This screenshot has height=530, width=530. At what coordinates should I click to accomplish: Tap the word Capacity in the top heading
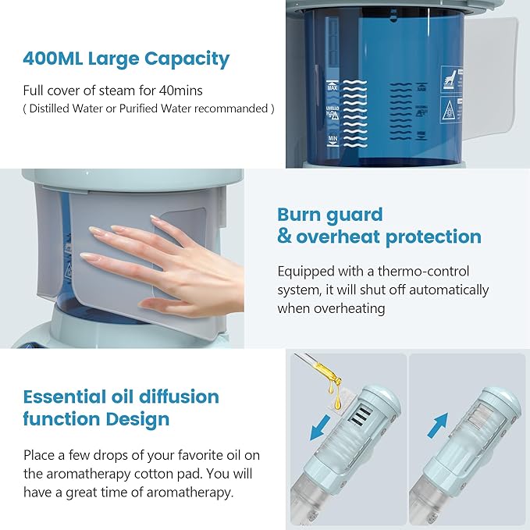coord(187,59)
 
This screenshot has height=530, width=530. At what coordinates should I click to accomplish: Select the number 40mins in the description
coord(186,90)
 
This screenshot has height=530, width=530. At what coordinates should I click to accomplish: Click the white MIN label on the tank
coord(333,138)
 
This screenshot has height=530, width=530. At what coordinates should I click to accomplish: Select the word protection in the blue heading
coord(427,237)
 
